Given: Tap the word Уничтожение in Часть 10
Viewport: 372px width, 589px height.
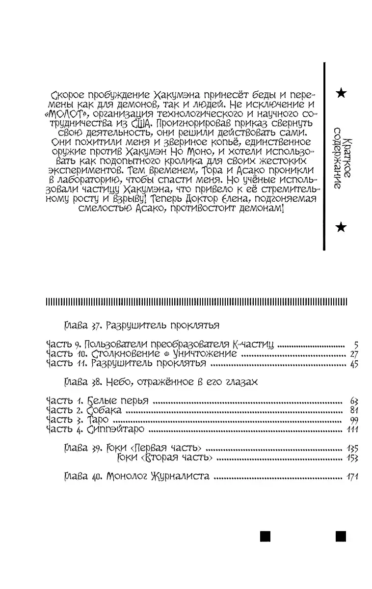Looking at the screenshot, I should pos(206,354).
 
